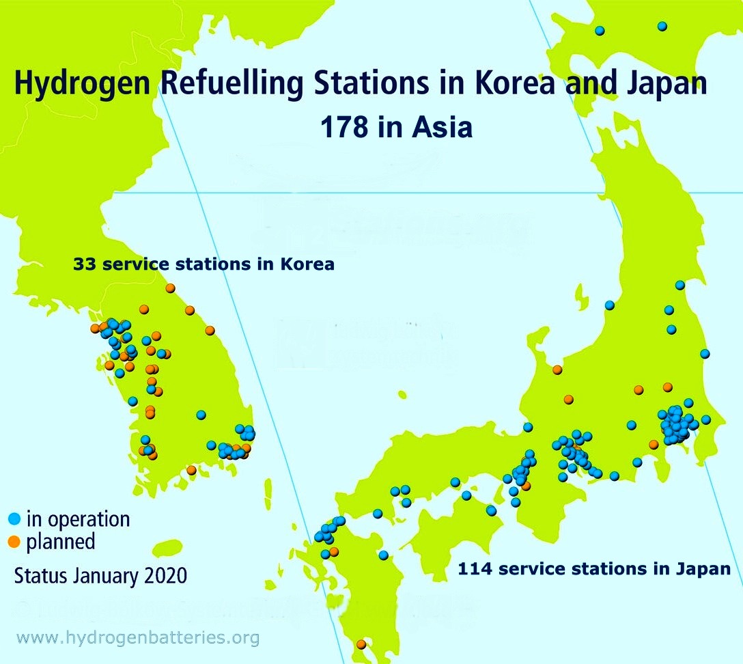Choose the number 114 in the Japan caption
(x=475, y=568)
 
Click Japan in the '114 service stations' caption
(x=705, y=568)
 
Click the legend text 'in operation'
(x=78, y=519)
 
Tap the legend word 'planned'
(x=61, y=543)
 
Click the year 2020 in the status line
(x=166, y=576)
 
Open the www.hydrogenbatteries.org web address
(x=138, y=638)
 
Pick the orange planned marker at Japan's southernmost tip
(x=361, y=644)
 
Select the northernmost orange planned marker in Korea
(x=171, y=288)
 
